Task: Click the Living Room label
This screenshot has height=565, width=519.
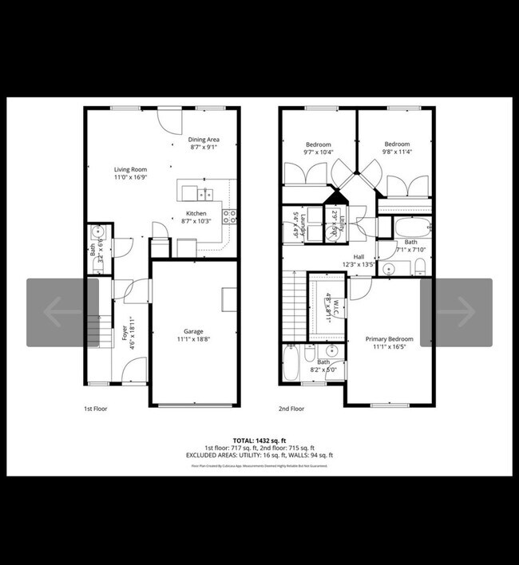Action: click(x=129, y=169)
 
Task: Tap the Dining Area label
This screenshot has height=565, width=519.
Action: click(x=204, y=140)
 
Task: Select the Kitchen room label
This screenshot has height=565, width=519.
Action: click(x=196, y=214)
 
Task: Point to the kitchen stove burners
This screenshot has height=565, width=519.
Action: click(x=229, y=214)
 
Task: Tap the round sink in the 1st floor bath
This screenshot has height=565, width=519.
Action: click(x=97, y=233)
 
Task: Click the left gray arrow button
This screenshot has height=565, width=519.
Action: click(x=62, y=312)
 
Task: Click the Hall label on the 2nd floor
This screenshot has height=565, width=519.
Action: click(x=358, y=256)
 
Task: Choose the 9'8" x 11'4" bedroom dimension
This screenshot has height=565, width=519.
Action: click(x=397, y=152)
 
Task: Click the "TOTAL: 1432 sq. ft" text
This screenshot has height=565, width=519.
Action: click(x=259, y=441)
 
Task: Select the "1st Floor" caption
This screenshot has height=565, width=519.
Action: click(x=96, y=409)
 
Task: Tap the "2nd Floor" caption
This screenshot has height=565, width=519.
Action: click(x=291, y=409)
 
